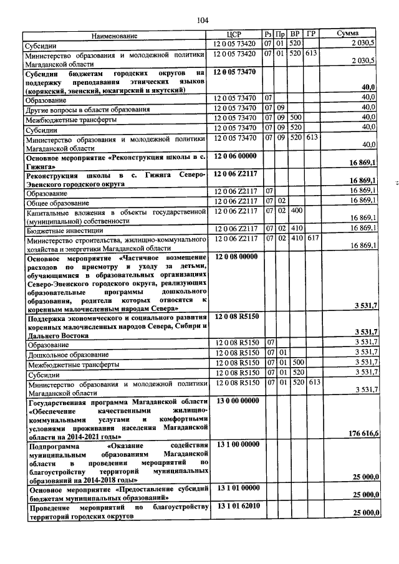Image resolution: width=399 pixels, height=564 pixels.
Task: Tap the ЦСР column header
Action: coord(235,34)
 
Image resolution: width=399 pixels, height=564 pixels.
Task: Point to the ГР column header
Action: coord(312,34)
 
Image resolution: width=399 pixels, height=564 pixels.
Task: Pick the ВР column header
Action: coord(296,34)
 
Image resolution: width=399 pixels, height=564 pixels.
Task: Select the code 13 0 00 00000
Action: coord(237,403)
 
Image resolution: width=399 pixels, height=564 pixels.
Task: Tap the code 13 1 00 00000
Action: coord(237,444)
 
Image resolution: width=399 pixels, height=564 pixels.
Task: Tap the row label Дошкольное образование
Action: coord(61,355)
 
